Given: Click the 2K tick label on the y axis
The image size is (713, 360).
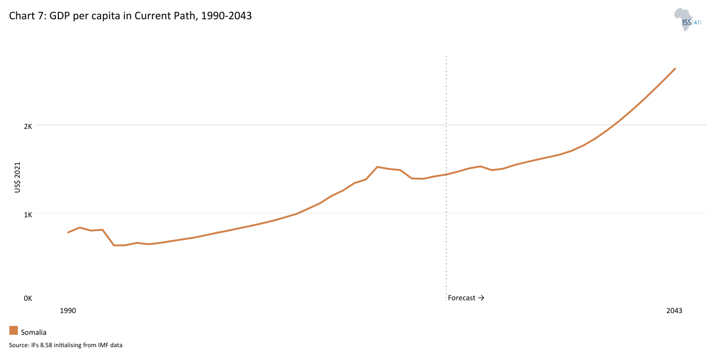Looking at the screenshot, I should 27,126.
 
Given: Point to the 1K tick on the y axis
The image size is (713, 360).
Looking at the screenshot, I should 27,214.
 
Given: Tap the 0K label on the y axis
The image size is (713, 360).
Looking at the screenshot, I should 27,298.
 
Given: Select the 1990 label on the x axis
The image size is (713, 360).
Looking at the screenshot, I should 68,311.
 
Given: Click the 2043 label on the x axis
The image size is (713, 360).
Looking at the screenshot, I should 674,311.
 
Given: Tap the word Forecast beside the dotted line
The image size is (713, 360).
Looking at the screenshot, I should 461,298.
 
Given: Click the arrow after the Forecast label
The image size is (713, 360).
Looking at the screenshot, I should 481,298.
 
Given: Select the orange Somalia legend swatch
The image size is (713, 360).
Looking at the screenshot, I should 13,330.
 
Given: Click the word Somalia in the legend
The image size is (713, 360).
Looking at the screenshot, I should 34,332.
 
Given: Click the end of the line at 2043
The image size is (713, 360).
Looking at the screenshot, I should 675,69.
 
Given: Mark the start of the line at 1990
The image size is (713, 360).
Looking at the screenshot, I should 68,232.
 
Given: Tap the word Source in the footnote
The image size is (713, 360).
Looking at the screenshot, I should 18,345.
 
